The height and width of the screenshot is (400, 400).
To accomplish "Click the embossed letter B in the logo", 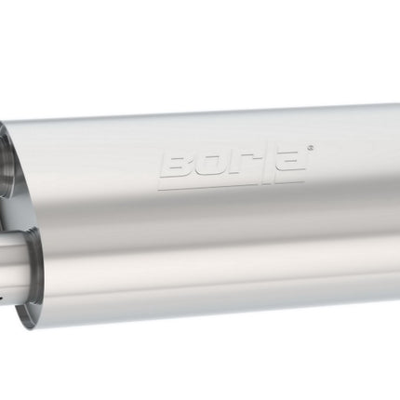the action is pos(178,167).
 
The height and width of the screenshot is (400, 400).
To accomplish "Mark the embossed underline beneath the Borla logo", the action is pos(231,185).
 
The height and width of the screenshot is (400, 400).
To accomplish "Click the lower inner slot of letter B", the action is pos(179,171).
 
